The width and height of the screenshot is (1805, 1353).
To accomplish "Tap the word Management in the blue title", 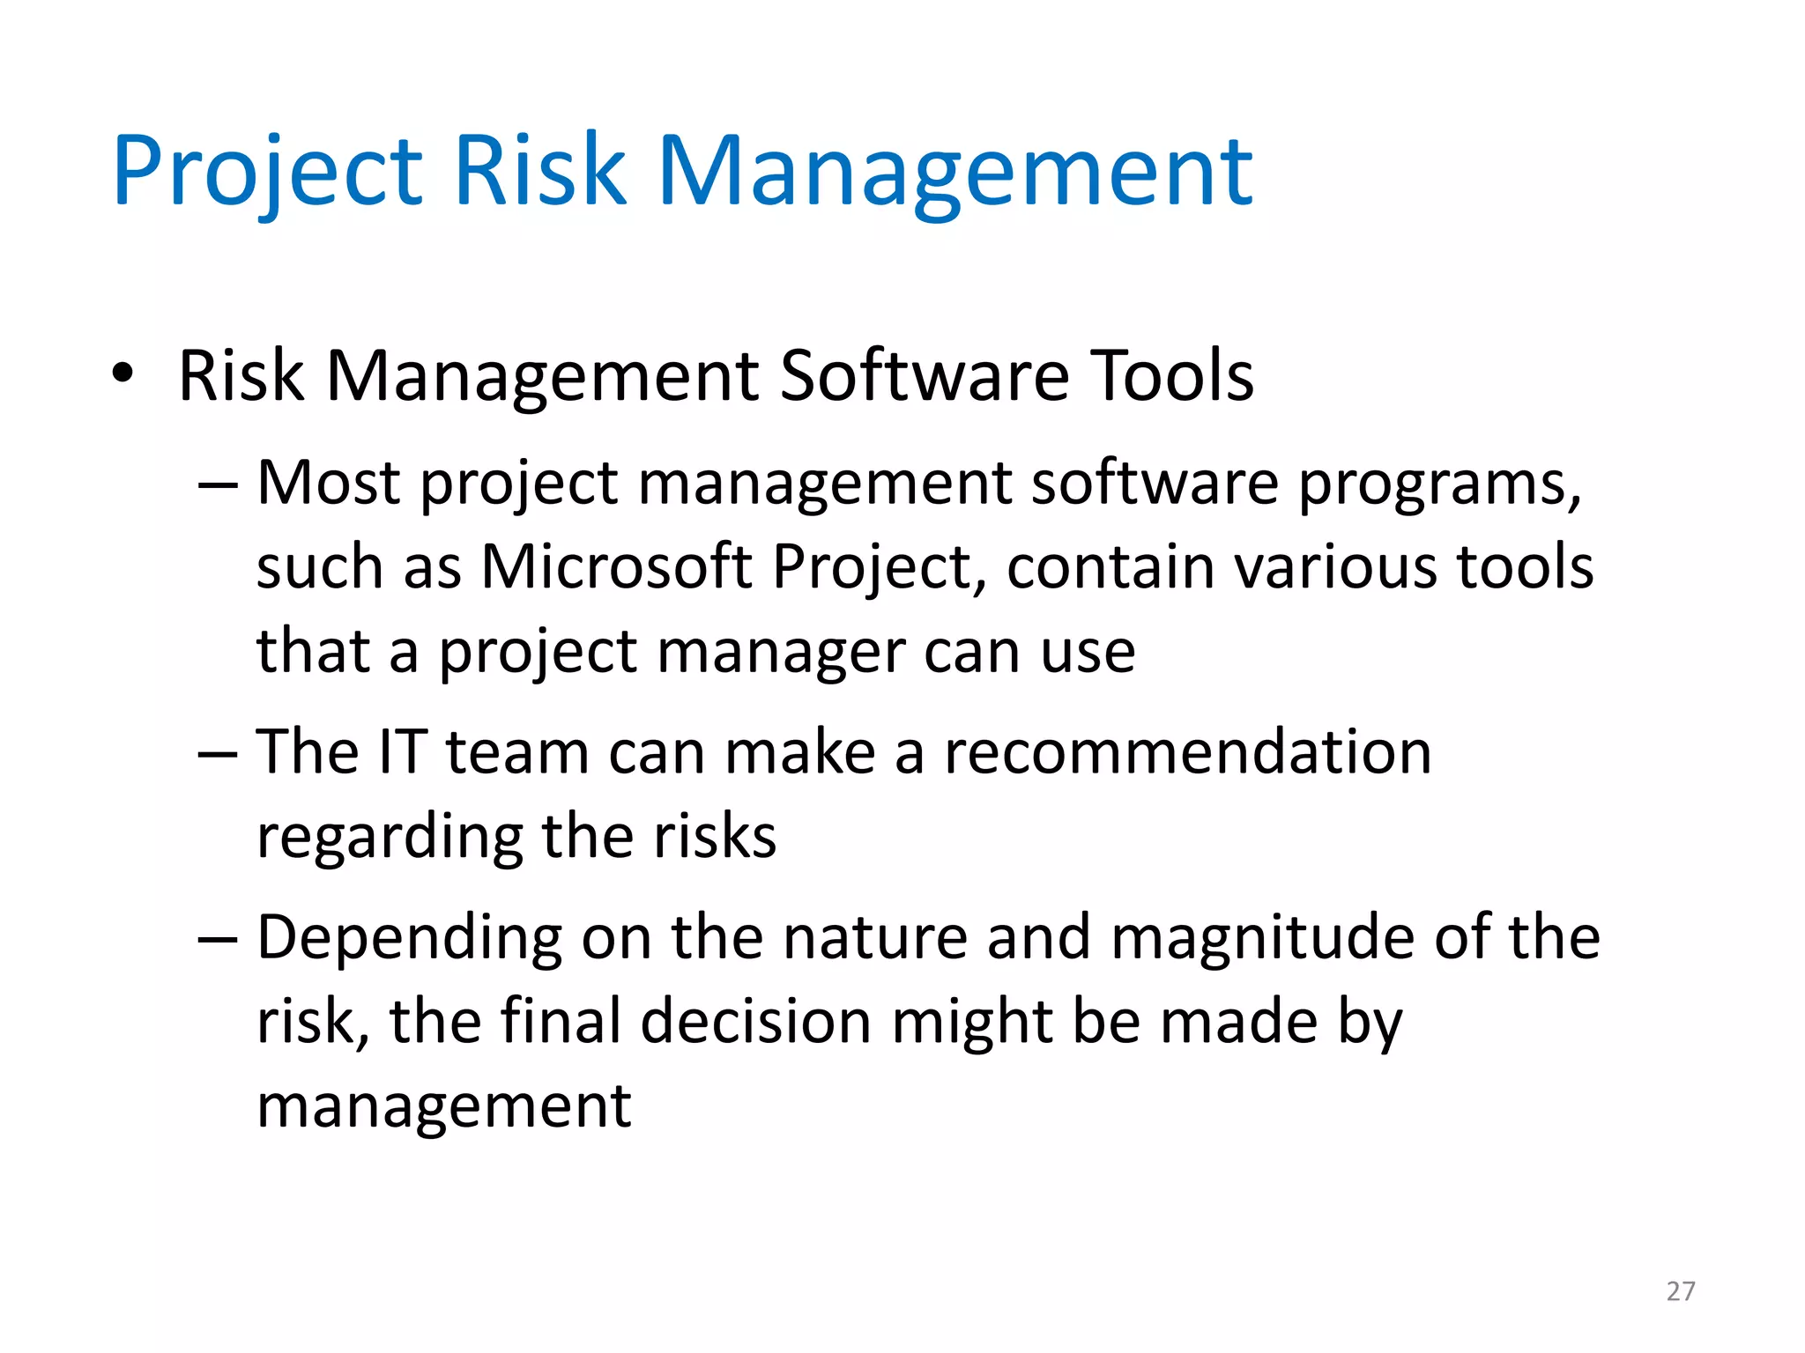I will click(x=954, y=172).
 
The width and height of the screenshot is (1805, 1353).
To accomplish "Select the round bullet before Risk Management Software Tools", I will click(x=123, y=373).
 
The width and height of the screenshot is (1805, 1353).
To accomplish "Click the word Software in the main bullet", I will click(x=924, y=376).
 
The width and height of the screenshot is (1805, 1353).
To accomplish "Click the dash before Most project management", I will click(x=218, y=484).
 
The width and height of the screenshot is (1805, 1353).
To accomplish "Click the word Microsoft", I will click(x=616, y=566).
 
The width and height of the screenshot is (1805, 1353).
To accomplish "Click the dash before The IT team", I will click(x=218, y=754).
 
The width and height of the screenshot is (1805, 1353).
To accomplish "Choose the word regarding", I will click(x=389, y=838).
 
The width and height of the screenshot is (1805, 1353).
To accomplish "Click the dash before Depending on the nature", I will click(x=218, y=939).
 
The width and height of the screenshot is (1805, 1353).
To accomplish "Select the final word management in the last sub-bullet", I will click(x=443, y=1108).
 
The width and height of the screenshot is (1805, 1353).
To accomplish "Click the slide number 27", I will click(x=1681, y=1291).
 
